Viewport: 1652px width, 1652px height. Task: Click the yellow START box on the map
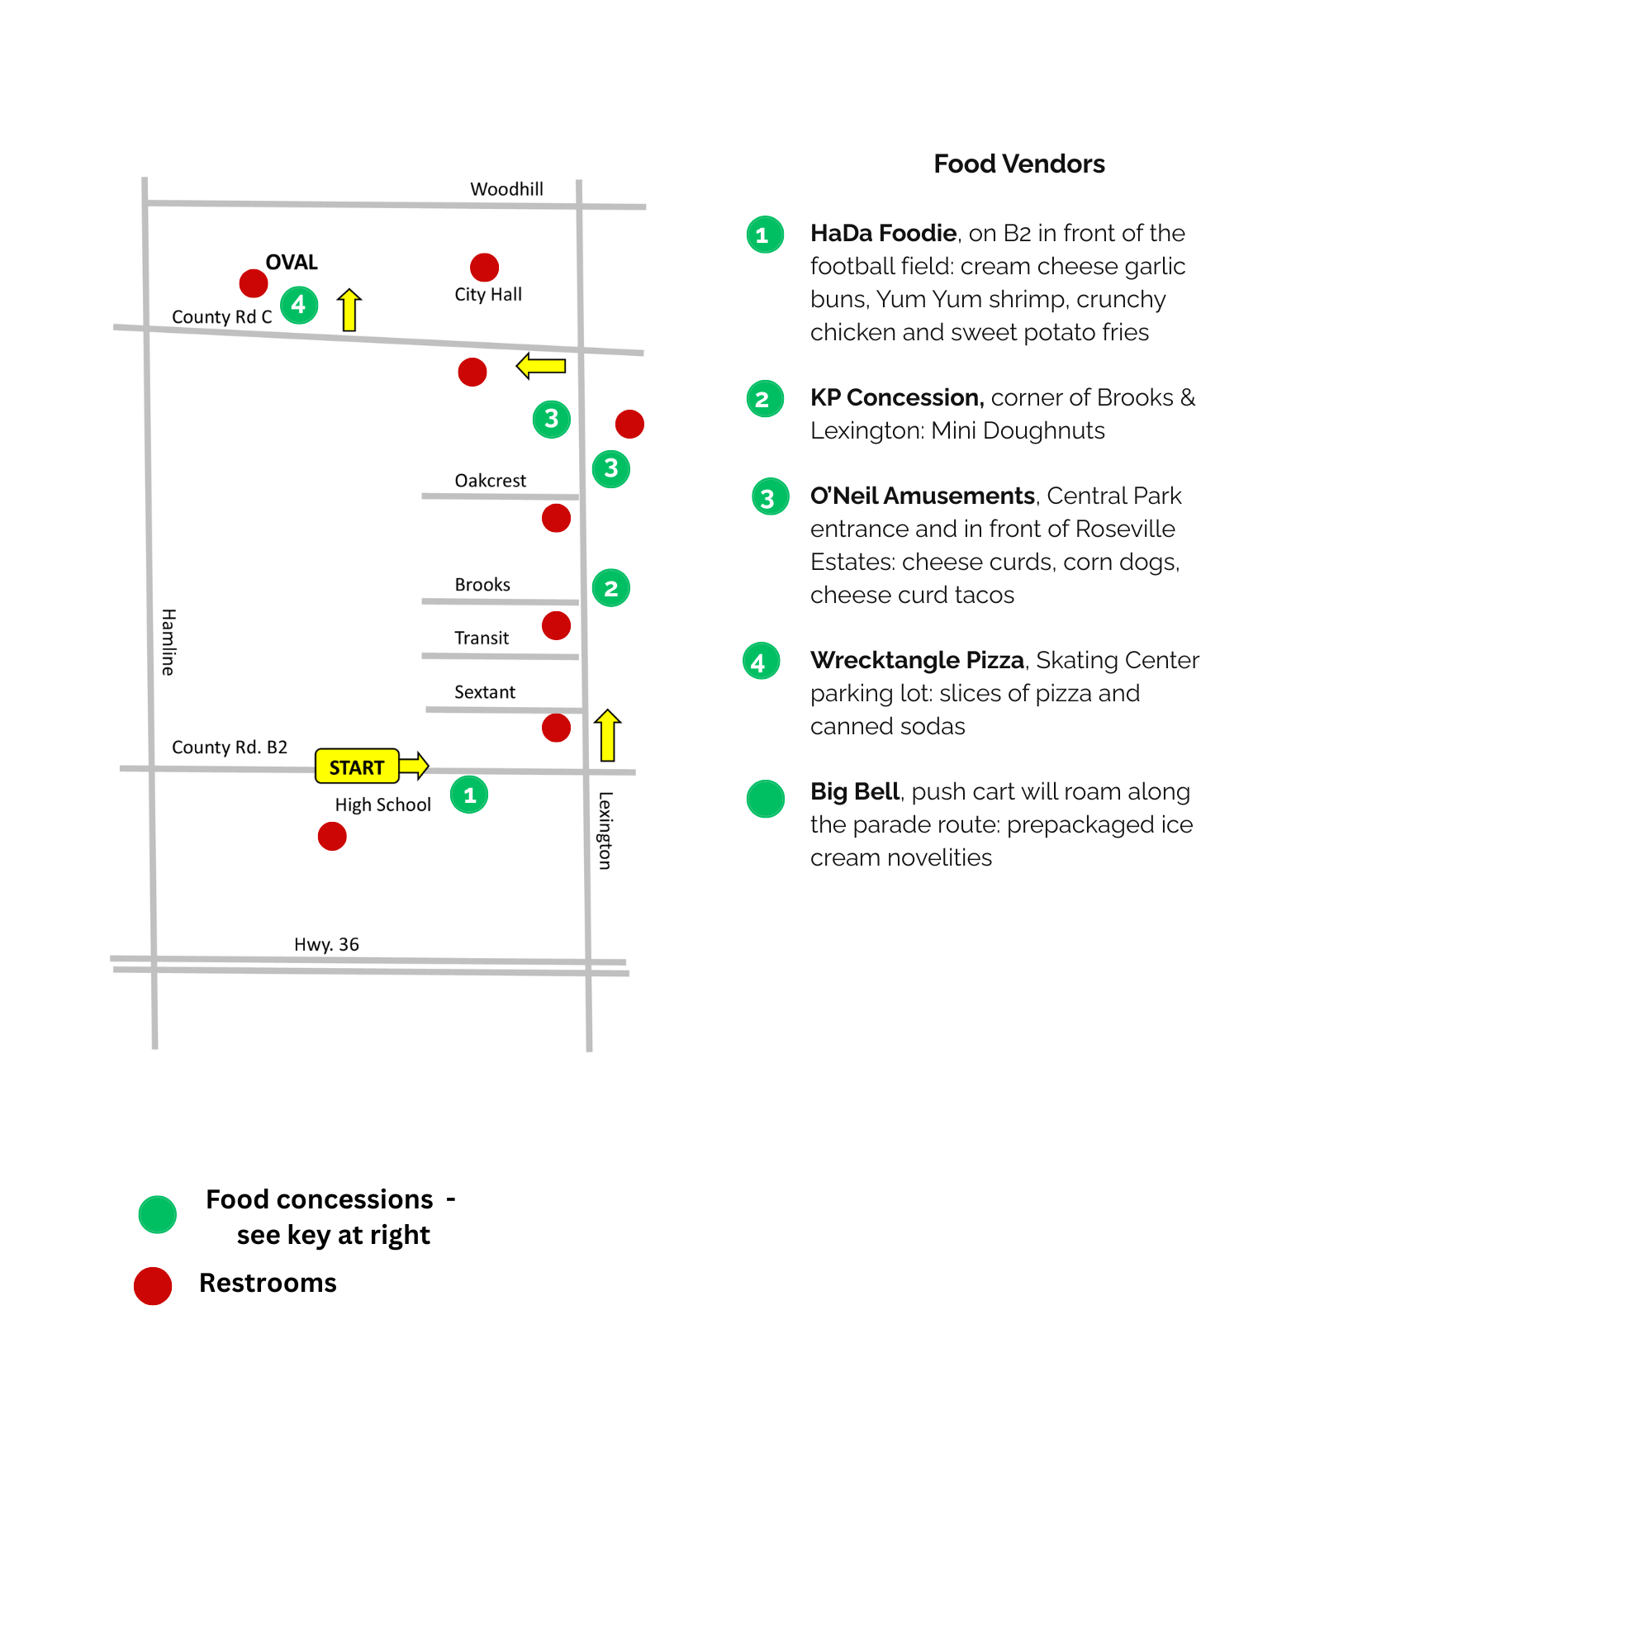[357, 767]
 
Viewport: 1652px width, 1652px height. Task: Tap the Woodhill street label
[506, 189]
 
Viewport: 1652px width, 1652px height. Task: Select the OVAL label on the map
[291, 262]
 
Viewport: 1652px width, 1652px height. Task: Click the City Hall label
[487, 294]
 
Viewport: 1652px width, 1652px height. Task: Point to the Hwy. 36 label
[325, 944]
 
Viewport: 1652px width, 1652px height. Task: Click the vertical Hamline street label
[169, 641]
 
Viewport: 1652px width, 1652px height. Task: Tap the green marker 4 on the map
[298, 305]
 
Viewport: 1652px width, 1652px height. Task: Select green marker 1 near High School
[468, 795]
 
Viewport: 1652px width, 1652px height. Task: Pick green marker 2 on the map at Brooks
[610, 587]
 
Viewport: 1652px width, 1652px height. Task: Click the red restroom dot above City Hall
[484, 267]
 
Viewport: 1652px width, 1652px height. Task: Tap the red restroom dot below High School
[332, 835]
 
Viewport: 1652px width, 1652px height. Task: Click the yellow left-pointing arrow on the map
[540, 366]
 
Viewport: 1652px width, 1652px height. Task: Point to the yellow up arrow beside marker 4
[349, 310]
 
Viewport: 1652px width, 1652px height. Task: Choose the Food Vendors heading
[1018, 164]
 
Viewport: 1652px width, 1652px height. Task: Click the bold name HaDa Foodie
[882, 233]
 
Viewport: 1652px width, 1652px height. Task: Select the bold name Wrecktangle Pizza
[917, 659]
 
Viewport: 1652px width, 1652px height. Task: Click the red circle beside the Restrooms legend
[153, 1285]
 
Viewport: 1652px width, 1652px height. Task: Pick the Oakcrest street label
[490, 481]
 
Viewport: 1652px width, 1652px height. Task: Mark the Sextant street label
[484, 691]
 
